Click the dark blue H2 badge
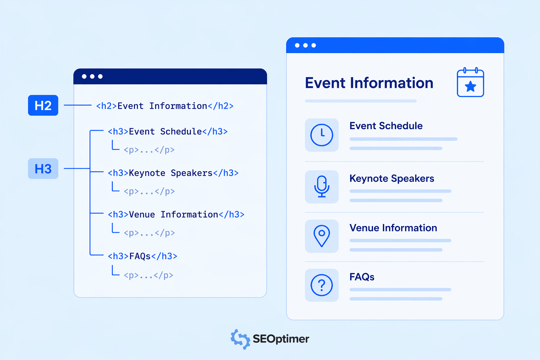pos(43,105)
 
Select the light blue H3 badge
pos(43,168)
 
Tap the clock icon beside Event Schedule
pos(322,135)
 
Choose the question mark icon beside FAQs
pos(322,285)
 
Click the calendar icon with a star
pos(470,83)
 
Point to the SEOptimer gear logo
pos(240,339)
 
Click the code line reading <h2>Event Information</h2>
pos(165,106)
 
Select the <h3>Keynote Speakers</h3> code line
pos(173,173)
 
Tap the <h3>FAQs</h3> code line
pos(142,256)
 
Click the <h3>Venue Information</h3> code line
pos(176,214)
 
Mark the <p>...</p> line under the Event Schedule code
pos(149,150)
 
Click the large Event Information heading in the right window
pos(369,83)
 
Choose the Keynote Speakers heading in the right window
pos(392,179)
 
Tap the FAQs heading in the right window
pos(362,277)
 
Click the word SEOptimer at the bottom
pos(281,339)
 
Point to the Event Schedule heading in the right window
pos(386,126)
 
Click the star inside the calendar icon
pos(470,86)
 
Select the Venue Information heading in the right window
pos(393,228)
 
